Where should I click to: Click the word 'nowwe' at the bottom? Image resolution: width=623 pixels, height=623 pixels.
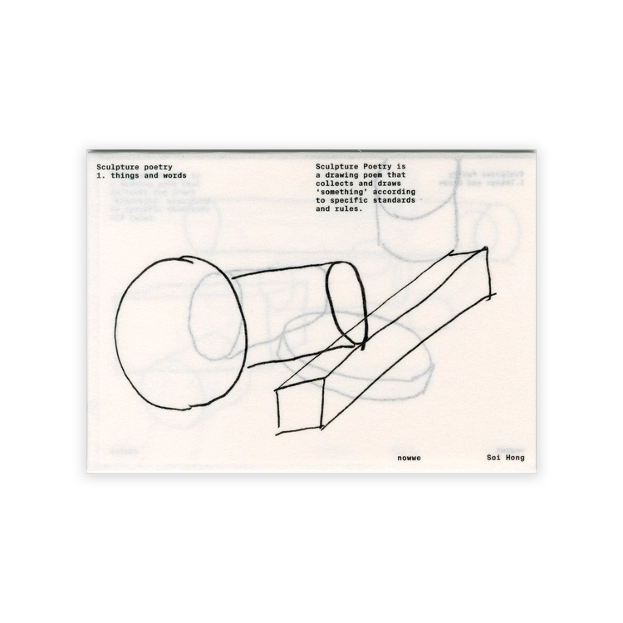[409, 458]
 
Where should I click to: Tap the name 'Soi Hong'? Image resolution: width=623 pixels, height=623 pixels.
[505, 458]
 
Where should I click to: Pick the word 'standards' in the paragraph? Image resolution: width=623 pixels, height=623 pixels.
[394, 200]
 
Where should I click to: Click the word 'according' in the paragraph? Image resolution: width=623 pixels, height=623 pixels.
[394, 192]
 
